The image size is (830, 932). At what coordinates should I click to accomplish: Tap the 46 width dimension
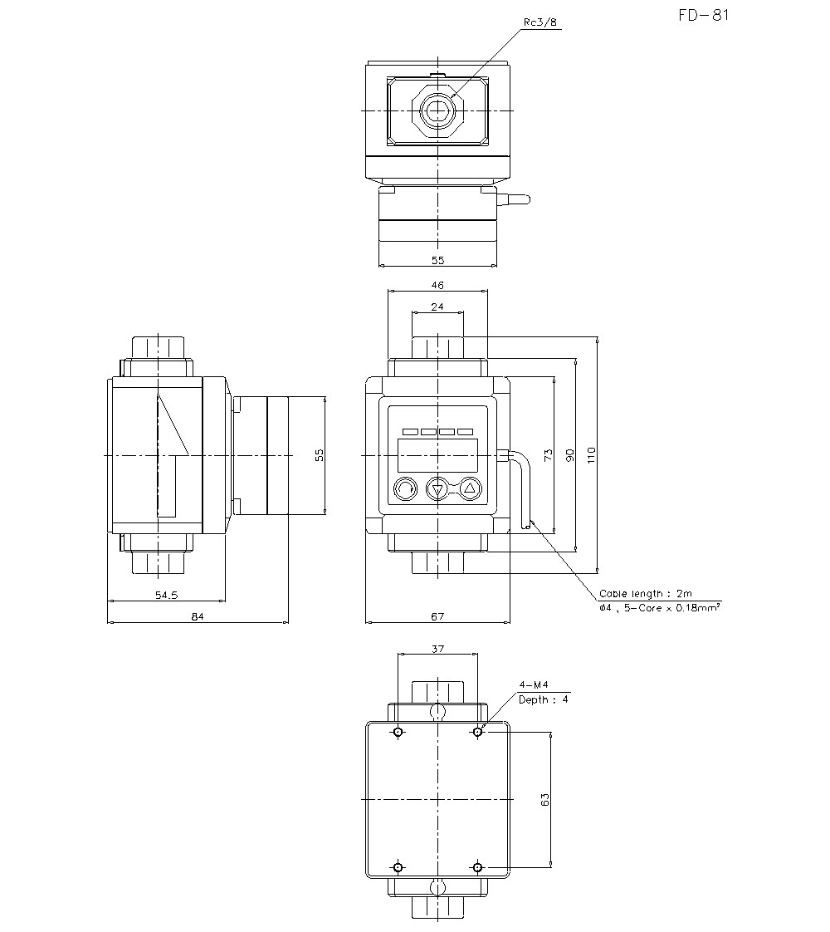pyautogui.click(x=437, y=285)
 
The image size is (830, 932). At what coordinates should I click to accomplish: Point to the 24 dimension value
pyautogui.click(x=437, y=307)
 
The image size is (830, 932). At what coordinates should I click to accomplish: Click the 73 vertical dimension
pyautogui.click(x=548, y=454)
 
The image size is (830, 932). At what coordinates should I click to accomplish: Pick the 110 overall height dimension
pyautogui.click(x=591, y=454)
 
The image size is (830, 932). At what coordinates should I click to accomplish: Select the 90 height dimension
pyautogui.click(x=569, y=454)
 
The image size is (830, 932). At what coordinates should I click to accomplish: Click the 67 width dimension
pyautogui.click(x=437, y=616)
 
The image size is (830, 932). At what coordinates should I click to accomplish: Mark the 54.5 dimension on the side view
pyautogui.click(x=167, y=595)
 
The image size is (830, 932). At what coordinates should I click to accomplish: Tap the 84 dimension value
pyautogui.click(x=198, y=616)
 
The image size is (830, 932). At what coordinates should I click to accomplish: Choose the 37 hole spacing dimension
pyautogui.click(x=437, y=649)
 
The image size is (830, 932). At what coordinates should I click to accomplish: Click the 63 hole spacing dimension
pyautogui.click(x=544, y=799)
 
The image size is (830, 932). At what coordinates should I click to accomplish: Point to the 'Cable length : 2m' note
pyautogui.click(x=646, y=594)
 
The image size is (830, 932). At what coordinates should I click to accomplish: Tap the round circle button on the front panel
pyautogui.click(x=404, y=488)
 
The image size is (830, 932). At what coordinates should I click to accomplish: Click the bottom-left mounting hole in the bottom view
pyautogui.click(x=398, y=867)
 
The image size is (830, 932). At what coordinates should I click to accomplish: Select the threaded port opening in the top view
pyautogui.click(x=437, y=110)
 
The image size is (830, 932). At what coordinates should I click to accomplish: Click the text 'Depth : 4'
pyautogui.click(x=544, y=699)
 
